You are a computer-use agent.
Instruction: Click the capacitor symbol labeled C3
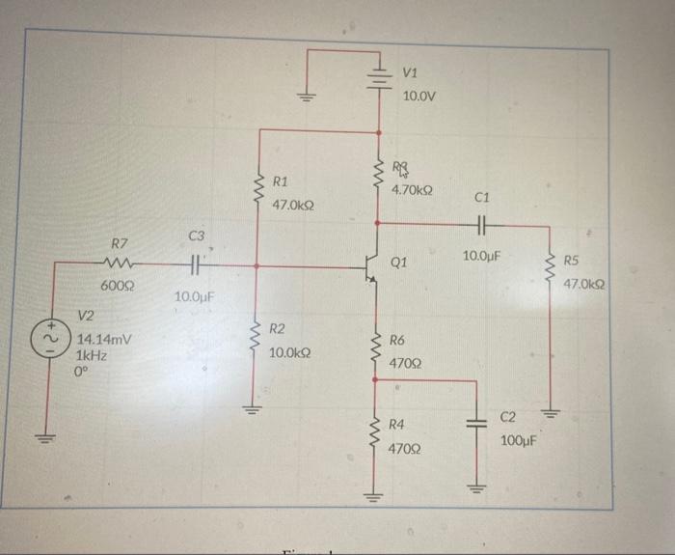(x=193, y=263)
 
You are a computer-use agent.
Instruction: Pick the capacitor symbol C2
(x=476, y=425)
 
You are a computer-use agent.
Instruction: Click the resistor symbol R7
(x=121, y=263)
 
